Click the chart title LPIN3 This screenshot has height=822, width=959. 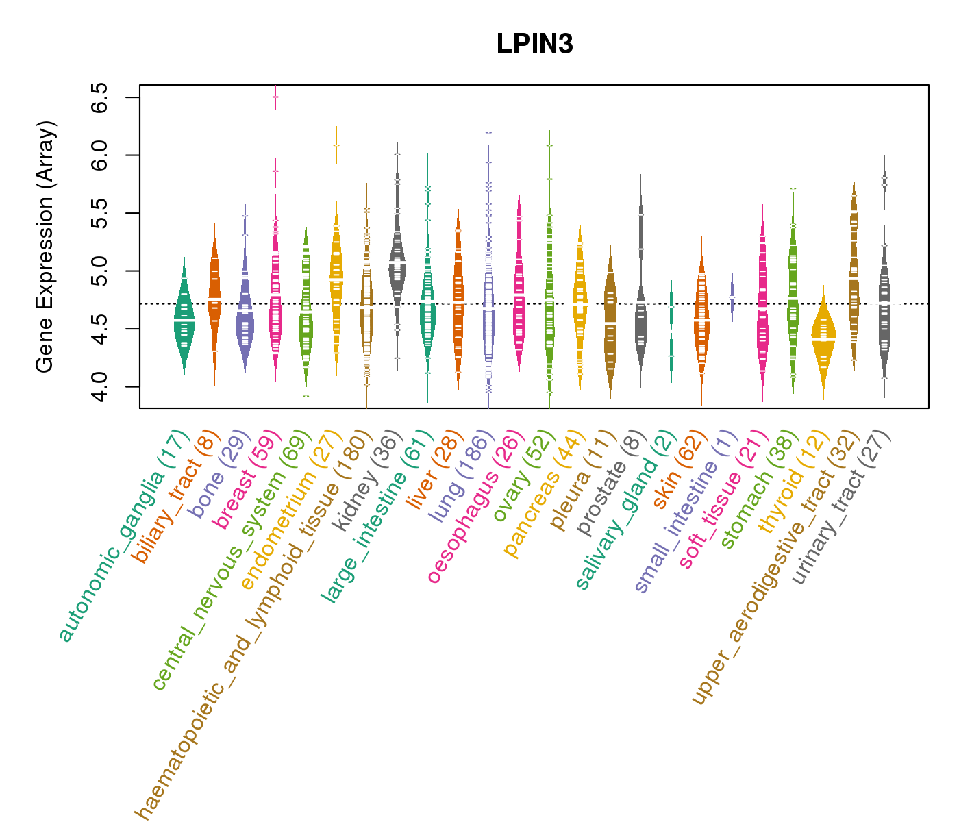534,45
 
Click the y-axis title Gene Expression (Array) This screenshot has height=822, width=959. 45,247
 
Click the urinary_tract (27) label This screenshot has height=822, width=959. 842,507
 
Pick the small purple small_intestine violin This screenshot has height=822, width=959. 732,297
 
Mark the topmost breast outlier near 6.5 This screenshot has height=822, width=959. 275,97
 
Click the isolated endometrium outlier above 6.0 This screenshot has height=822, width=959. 336,145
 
